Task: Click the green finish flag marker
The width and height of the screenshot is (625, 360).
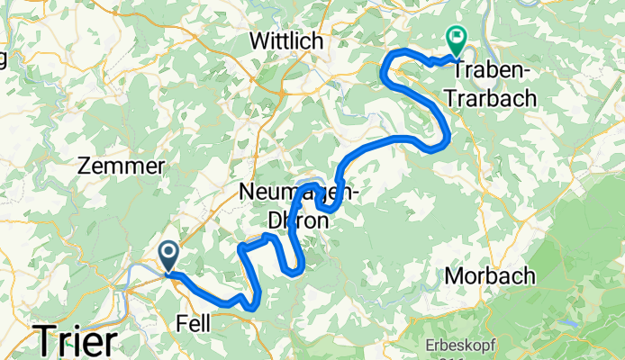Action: pyautogui.click(x=456, y=41)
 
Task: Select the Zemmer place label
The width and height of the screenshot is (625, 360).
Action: pyautogui.click(x=122, y=166)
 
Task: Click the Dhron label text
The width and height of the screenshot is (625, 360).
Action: pyautogui.click(x=289, y=218)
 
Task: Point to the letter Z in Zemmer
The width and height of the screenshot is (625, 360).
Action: pyautogui.click(x=86, y=166)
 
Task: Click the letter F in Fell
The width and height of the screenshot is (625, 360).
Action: pyautogui.click(x=181, y=323)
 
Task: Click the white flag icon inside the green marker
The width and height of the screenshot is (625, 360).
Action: pyautogui.click(x=456, y=37)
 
